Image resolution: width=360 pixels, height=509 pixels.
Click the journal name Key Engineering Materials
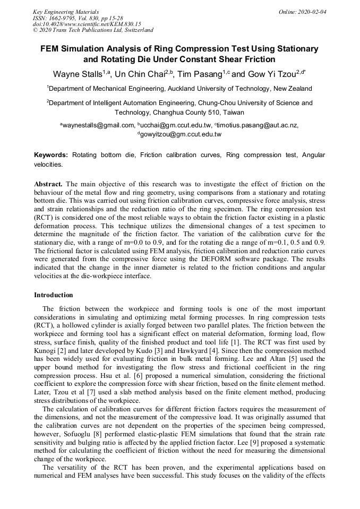tap(65, 11)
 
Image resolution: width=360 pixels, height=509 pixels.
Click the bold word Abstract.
tap(48, 184)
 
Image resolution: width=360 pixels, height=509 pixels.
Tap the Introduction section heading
tap(54, 295)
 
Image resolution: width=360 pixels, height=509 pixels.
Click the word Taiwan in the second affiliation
tap(234, 113)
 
